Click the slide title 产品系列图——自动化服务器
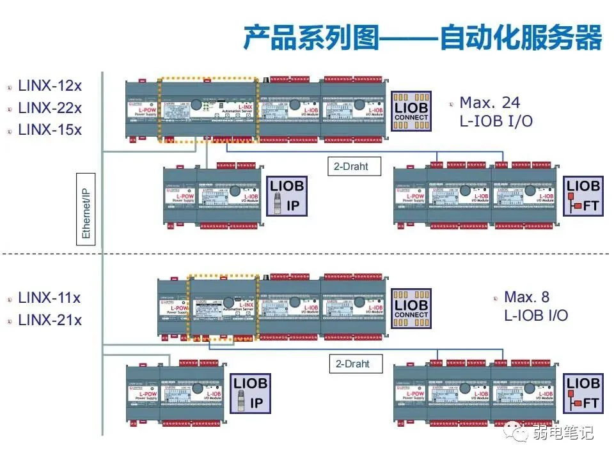(422, 38)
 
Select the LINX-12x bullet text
(50, 86)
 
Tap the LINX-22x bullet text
(50, 107)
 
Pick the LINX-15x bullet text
(50, 129)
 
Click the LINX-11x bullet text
(50, 298)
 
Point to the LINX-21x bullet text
(50, 319)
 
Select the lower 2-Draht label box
(352, 364)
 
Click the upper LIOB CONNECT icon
(411, 109)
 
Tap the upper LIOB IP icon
(287, 196)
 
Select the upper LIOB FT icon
(583, 196)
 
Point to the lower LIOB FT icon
(583, 394)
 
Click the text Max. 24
(490, 102)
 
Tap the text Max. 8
(526, 297)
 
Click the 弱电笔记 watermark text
(563, 433)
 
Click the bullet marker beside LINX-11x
(10, 298)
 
